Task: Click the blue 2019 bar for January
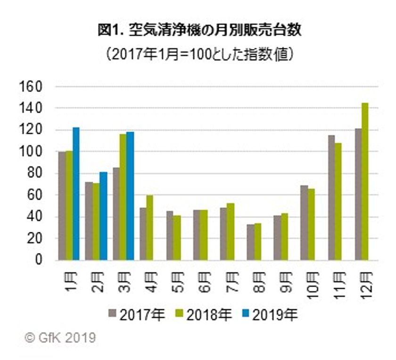76,194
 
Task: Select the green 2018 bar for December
364,181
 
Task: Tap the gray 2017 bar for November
331,198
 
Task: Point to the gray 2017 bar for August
250,242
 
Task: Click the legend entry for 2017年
137,314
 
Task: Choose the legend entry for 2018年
203,314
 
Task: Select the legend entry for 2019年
270,314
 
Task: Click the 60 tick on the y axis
35,195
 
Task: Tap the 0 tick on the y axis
40,260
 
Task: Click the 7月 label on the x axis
231,281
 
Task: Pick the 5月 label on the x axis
177,281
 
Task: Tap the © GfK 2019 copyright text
60,338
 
